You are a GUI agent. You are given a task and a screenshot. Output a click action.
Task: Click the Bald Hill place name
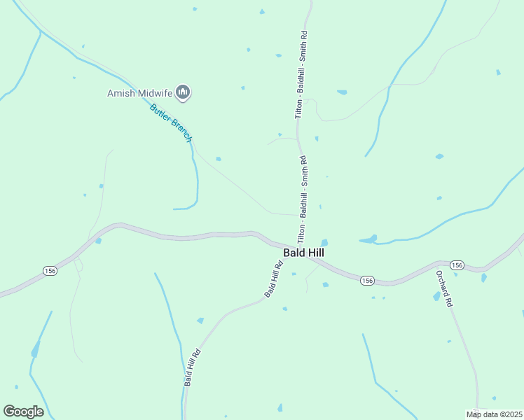[303, 253]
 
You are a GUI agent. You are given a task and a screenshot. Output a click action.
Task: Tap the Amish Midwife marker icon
[184, 92]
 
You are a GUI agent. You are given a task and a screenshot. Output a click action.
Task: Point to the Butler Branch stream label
[170, 122]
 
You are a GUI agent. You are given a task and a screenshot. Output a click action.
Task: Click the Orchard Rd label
[444, 288]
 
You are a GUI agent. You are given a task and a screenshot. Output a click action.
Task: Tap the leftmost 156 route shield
[50, 270]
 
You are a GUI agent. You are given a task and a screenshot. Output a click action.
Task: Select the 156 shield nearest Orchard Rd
[457, 265]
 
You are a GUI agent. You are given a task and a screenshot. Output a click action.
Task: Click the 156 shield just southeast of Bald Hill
[367, 281]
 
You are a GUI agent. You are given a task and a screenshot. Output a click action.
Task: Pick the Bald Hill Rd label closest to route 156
[273, 279]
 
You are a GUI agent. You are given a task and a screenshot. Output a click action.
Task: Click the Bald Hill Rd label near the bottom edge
[193, 367]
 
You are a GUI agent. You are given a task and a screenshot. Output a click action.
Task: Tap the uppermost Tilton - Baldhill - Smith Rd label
[301, 73]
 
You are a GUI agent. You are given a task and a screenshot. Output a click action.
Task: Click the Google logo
[23, 411]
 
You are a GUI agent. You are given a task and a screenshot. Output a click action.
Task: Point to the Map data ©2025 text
[494, 414]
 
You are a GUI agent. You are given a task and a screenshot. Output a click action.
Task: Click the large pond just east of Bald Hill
[368, 239]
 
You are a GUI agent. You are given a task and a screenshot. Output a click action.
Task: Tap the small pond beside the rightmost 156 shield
[483, 278]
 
